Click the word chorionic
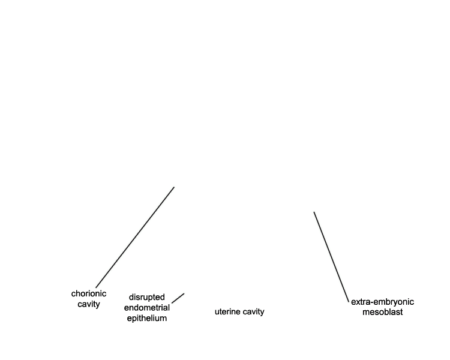tap(89, 293)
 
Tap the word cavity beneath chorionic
tap(89, 304)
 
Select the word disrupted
tap(146, 297)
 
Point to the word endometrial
tap(147, 308)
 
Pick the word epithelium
tap(147, 319)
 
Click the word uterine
tap(227, 312)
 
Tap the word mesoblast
tap(383, 312)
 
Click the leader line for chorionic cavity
tap(135, 237)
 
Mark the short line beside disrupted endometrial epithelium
tap(178, 298)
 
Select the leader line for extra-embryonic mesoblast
tap(331, 257)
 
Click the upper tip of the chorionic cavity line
tap(174, 187)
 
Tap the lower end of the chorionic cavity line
tap(96, 287)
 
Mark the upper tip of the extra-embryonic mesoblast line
tap(314, 212)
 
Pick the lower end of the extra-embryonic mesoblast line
tap(349, 302)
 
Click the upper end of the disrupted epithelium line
tap(184, 293)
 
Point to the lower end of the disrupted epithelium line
tap(172, 303)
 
